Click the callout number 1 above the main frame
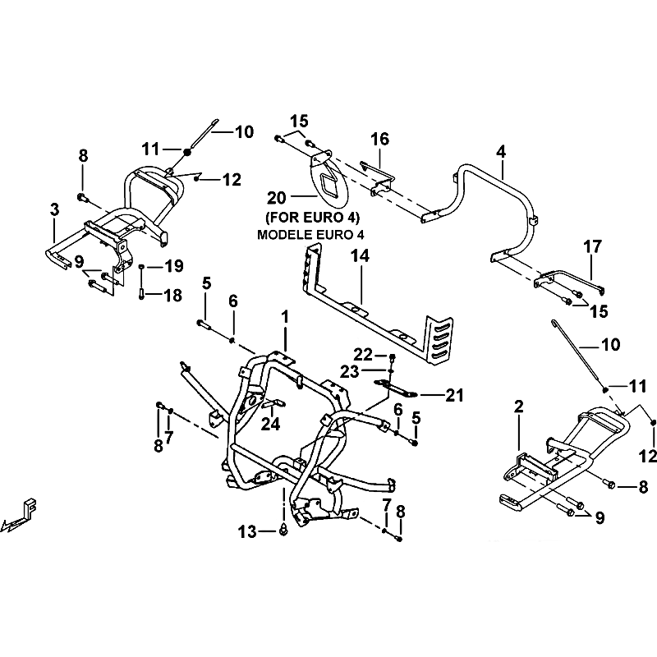(285, 316)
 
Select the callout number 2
(519, 407)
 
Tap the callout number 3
(54, 210)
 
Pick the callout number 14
(359, 258)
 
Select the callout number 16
(379, 139)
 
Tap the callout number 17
(593, 246)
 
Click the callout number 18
(172, 295)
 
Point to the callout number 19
(172, 265)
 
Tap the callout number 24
(270, 424)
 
